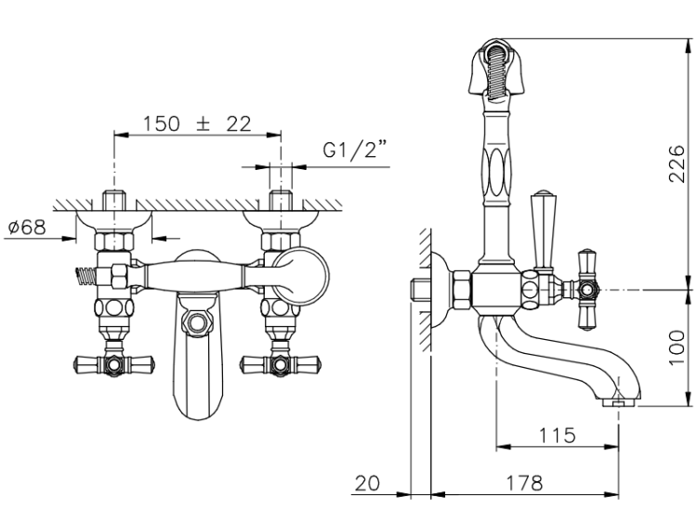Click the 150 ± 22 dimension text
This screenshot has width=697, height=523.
[197, 124]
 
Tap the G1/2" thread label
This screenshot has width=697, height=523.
[355, 150]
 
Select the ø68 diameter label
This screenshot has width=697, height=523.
[27, 228]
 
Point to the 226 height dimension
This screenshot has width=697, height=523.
[677, 163]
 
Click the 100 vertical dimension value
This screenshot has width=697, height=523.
[677, 347]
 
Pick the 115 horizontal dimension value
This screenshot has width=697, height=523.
[557, 436]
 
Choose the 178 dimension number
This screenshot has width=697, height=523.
[524, 482]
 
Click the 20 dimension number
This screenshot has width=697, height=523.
[367, 483]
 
